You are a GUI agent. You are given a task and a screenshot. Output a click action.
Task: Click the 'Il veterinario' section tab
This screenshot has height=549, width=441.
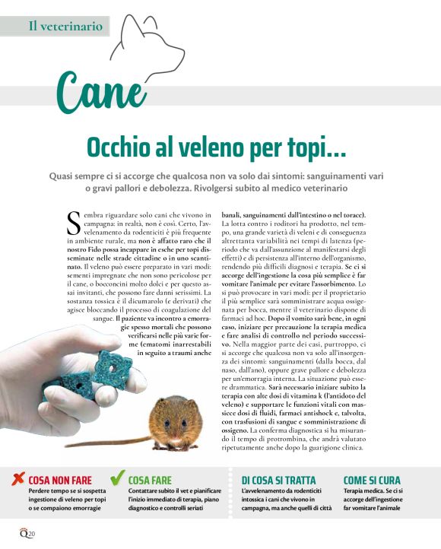click(65, 26)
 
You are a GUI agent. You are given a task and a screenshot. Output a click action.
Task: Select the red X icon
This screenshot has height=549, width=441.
click(17, 479)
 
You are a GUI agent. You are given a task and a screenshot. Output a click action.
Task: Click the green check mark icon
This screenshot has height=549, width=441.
click(117, 478)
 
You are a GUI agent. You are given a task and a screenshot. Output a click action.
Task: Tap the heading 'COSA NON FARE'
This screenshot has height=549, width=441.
click(60, 481)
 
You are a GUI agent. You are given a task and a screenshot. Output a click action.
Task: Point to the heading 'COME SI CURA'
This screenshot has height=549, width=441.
click(372, 481)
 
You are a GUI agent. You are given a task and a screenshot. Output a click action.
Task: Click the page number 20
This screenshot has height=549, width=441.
click(31, 535)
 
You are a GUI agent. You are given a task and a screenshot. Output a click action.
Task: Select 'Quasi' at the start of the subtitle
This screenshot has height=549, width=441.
click(64, 176)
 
